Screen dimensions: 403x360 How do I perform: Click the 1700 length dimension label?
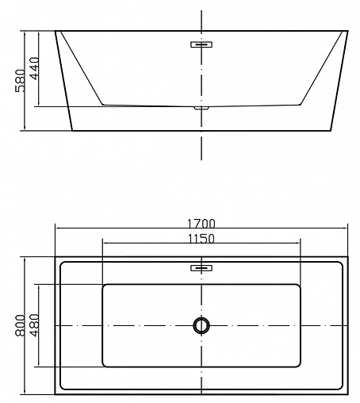click(201, 223)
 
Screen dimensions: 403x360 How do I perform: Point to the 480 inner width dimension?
click(35, 324)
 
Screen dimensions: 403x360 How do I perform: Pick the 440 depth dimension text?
click(35, 69)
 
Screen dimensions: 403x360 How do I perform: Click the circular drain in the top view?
click(201, 324)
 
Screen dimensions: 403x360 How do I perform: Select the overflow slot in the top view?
click(201, 268)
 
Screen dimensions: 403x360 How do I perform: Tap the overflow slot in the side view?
click(201, 45)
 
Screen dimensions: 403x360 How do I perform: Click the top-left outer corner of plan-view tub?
click(55, 257)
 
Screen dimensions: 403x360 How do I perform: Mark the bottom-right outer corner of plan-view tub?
click(348, 393)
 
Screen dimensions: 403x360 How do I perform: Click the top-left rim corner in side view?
click(55, 32)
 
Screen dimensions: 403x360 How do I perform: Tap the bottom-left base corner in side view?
click(72, 130)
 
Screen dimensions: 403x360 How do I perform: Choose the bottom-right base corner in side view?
click(331, 130)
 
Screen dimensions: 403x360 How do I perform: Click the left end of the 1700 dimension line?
click(55, 228)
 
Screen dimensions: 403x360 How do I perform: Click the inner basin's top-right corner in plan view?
click(301, 284)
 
